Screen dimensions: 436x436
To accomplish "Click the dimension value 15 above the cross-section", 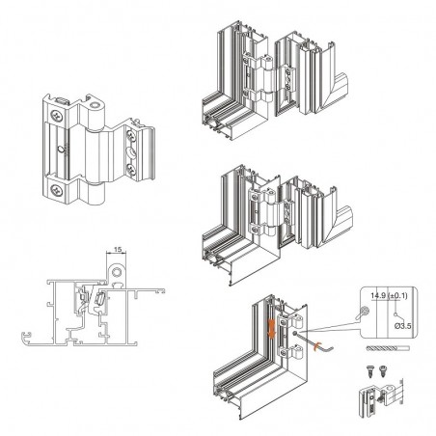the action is pos(118,249).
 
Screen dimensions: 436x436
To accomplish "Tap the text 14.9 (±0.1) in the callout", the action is pos(389,295).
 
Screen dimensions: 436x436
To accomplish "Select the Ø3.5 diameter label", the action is pos(402,326).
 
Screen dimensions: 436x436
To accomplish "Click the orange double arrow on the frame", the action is pos(272,329).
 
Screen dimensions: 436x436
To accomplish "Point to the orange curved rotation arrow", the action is pos(316,346).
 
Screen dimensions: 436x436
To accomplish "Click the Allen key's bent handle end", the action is pos(331,347).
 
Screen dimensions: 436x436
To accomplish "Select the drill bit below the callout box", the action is pos(388,348).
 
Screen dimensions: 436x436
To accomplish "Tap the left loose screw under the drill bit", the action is pos(369,370).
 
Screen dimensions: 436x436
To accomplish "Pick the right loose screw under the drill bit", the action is pos(383,370).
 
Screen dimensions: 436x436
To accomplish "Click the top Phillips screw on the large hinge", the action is pos(57,116).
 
